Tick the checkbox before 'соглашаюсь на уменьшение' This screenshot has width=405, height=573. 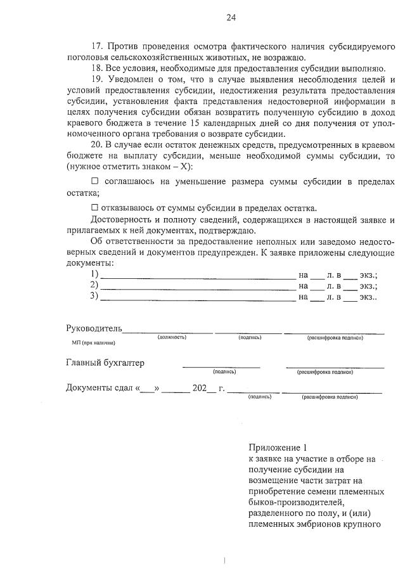[x=95, y=182]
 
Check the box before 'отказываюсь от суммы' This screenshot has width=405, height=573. [x=95, y=208]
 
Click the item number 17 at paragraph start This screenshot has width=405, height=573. [x=96, y=47]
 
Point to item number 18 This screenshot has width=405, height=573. [x=96, y=68]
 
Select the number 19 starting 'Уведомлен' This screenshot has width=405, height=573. [x=96, y=79]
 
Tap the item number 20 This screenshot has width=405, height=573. [x=96, y=145]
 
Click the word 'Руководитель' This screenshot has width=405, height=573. [x=94, y=329]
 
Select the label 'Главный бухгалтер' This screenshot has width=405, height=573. [x=105, y=363]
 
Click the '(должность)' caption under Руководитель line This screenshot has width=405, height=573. [x=171, y=337]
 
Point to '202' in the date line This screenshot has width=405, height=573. [x=199, y=388]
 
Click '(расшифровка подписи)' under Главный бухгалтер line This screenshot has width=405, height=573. [x=325, y=372]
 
